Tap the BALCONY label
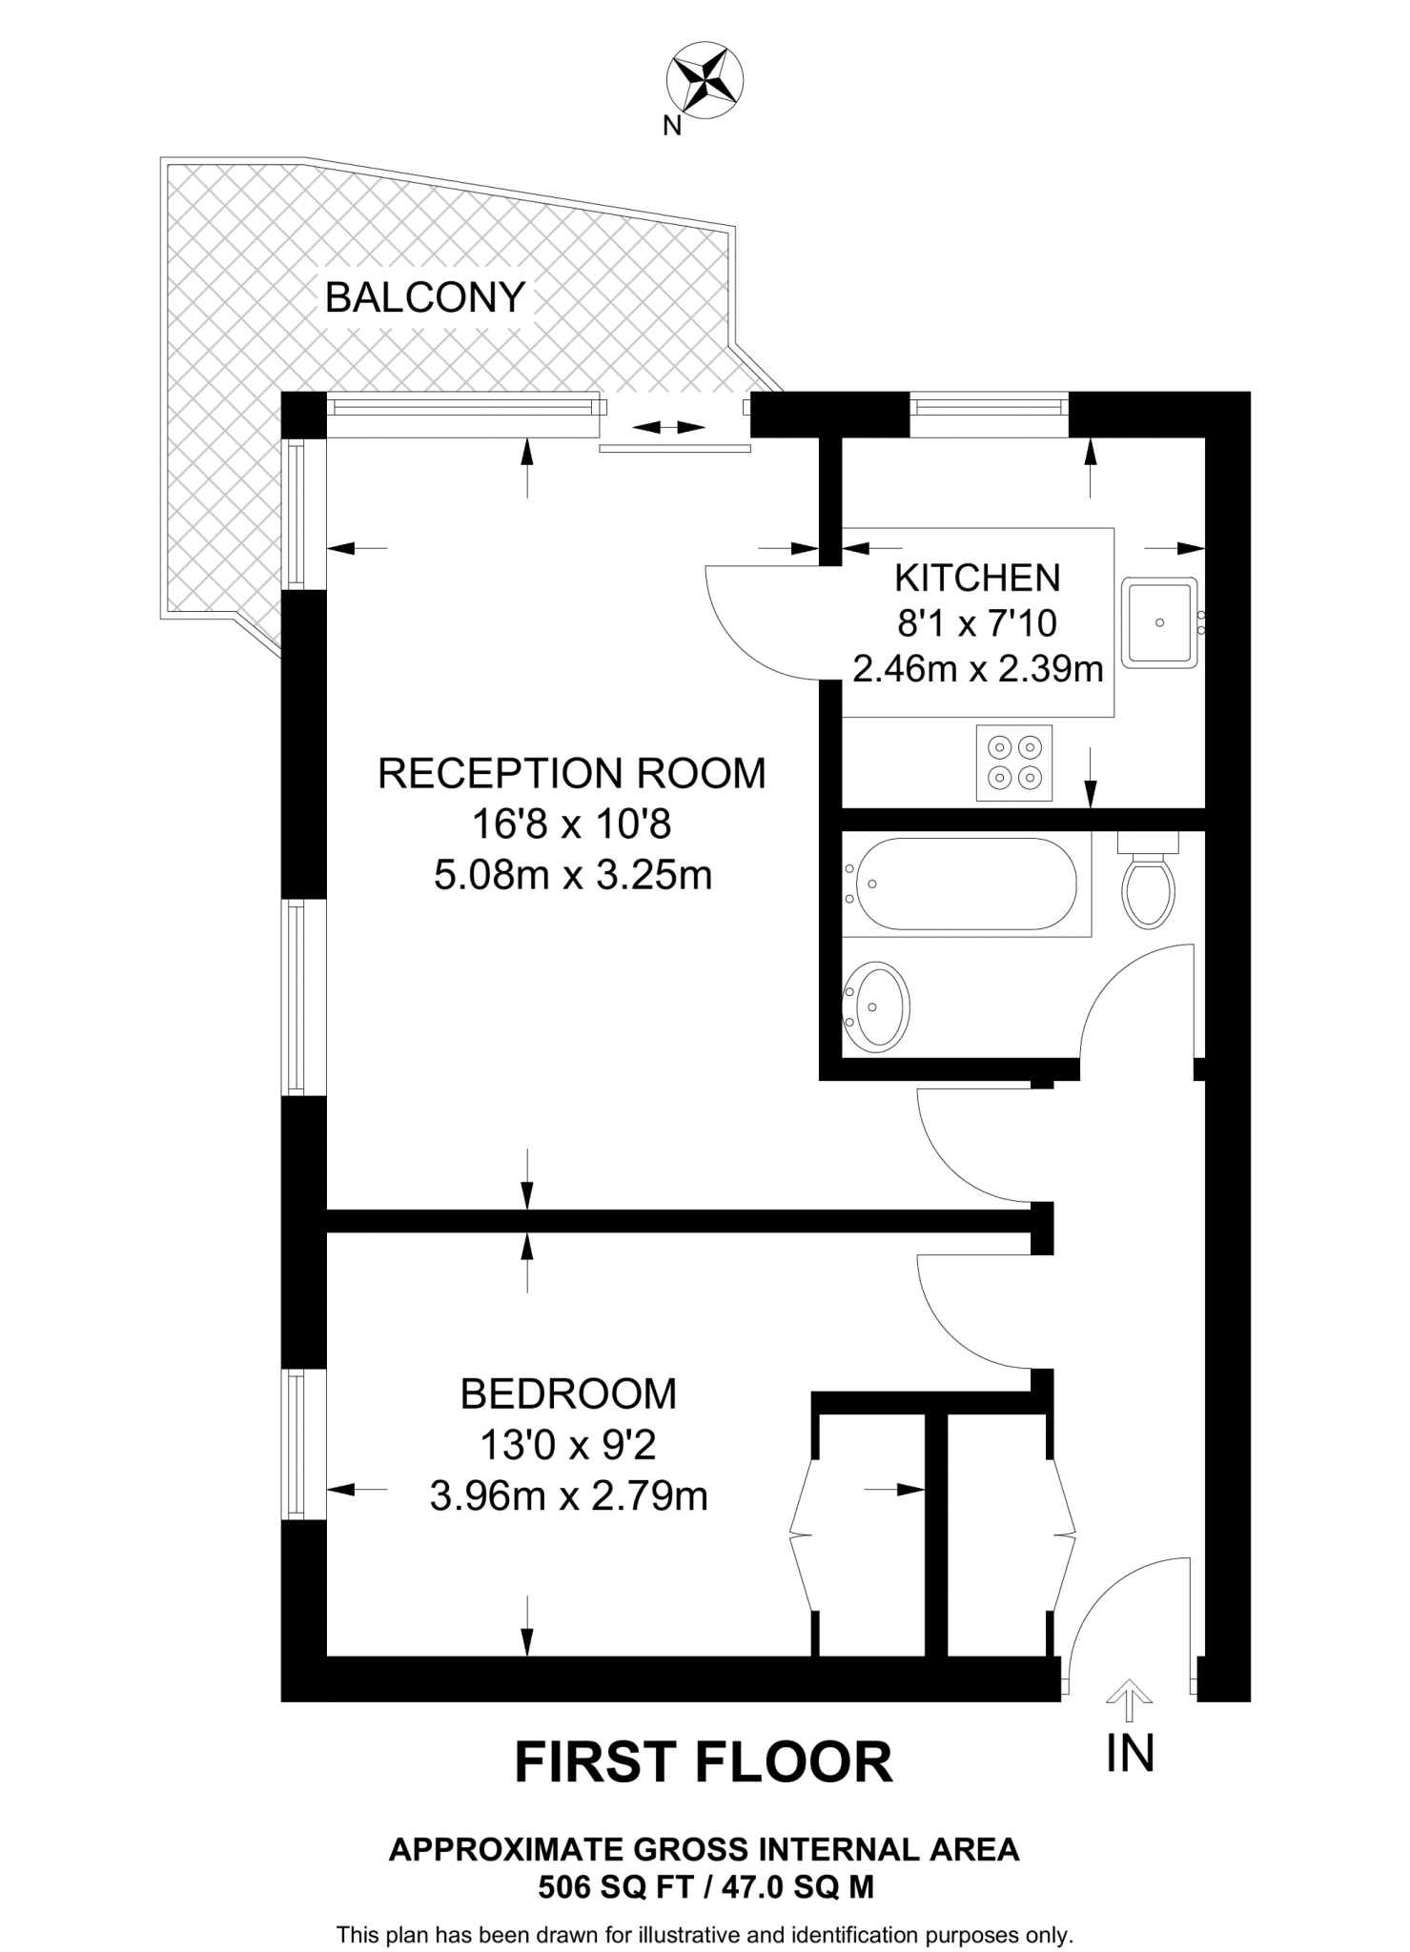pyautogui.click(x=425, y=297)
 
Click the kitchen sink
pyautogui.click(x=1159, y=622)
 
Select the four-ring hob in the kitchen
pyautogui.click(x=1014, y=762)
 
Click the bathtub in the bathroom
pyautogui.click(x=966, y=884)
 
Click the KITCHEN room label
pyautogui.click(x=977, y=578)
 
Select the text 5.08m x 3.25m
pyautogui.click(x=573, y=874)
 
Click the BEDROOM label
pyautogui.click(x=568, y=1393)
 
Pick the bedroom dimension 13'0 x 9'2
pyautogui.click(x=568, y=1445)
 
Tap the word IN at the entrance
pyautogui.click(x=1130, y=1752)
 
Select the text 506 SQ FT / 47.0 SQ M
pyautogui.click(x=705, y=1887)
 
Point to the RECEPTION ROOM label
pyautogui.click(x=572, y=773)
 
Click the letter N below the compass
pyautogui.click(x=673, y=126)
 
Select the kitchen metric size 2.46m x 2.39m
pyautogui.click(x=977, y=669)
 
